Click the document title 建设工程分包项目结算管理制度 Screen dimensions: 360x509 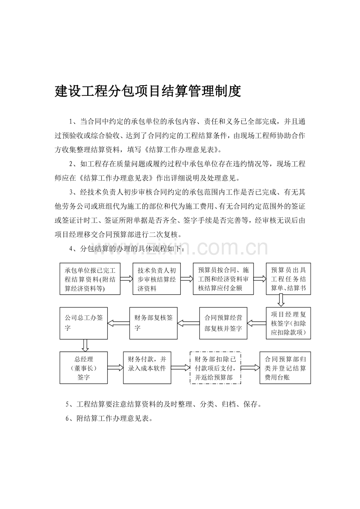[148, 91]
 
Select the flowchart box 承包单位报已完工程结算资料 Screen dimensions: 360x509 [90, 279]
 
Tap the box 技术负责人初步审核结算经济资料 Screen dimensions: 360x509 [157, 279]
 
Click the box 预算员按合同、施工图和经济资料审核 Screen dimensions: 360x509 [223, 279]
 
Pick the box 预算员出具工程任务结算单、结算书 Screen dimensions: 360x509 [288, 279]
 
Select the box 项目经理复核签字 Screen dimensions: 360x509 [288, 323]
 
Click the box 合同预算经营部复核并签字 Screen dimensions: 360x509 [223, 323]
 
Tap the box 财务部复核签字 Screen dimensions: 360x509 [153, 323]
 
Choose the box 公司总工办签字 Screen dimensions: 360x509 [84, 323]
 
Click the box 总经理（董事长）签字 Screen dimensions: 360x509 [84, 368]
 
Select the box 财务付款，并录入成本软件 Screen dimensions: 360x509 [147, 368]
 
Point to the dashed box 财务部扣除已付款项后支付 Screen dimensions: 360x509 [215, 368]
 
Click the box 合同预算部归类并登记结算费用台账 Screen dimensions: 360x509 [285, 368]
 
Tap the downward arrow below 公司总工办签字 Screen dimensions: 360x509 [85, 346]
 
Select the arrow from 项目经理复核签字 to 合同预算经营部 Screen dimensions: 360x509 [257, 323]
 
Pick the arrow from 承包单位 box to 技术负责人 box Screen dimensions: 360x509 [126, 279]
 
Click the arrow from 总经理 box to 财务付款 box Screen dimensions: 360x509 [115, 367]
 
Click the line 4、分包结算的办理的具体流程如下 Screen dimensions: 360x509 [127, 249]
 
